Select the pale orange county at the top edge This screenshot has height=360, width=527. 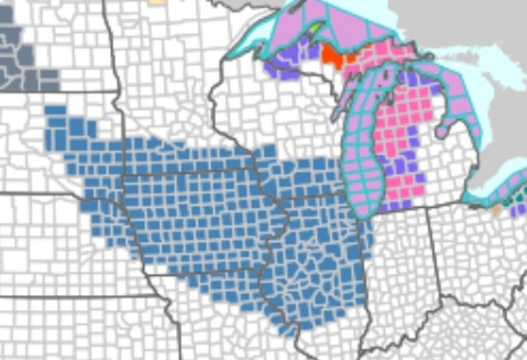(x=156, y=2)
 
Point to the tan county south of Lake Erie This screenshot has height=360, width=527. (x=495, y=210)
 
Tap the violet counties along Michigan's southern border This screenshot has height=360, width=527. (x=395, y=204)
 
